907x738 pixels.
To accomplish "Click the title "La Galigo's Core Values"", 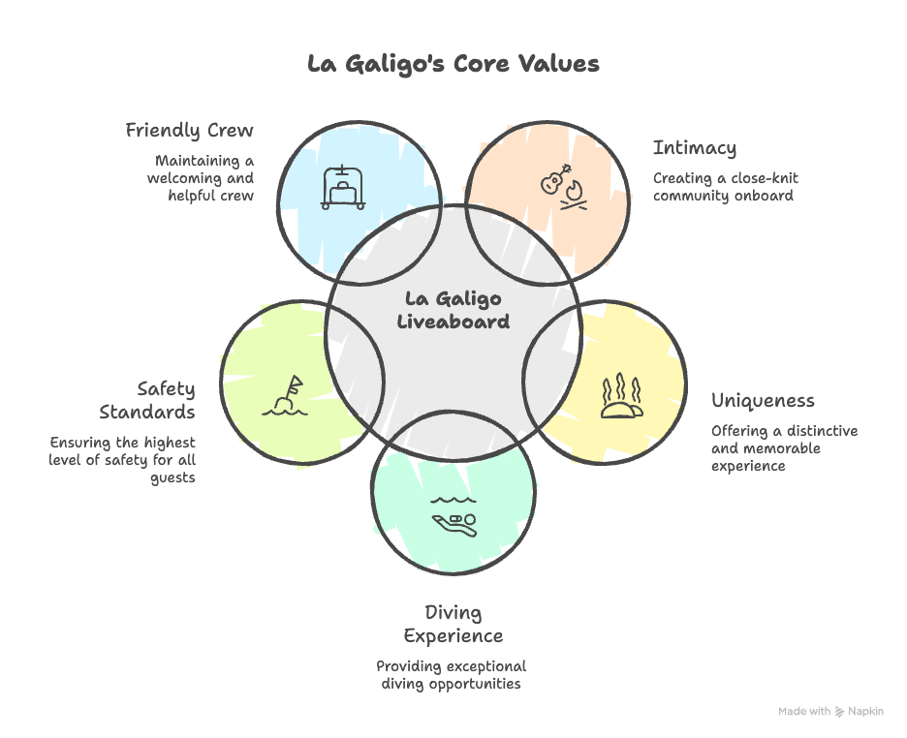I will [453, 64].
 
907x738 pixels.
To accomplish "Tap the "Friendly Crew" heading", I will [190, 130].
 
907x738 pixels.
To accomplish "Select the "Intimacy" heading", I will [694, 148].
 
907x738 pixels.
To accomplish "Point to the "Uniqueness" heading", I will [763, 401].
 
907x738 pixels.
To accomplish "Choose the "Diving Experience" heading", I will [453, 624].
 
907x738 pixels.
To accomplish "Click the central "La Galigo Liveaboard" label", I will [453, 310].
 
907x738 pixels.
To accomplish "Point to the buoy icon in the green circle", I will [286, 397].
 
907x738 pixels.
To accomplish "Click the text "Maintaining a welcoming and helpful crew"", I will [201, 178].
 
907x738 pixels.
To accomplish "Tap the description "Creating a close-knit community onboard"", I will [725, 187].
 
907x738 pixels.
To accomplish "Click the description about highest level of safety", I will [123, 460].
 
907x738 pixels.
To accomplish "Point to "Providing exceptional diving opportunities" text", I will [452, 675].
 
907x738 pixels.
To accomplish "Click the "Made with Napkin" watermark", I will [830, 711].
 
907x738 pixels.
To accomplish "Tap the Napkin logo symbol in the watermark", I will [839, 711].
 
